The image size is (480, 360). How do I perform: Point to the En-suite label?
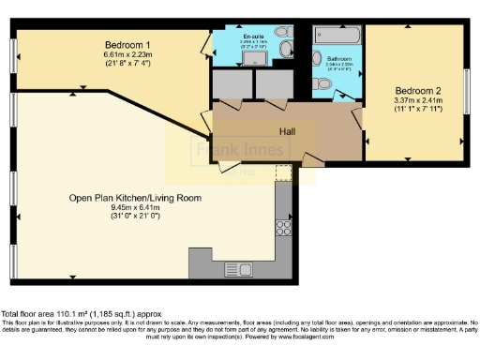pyautogui.click(x=253, y=36)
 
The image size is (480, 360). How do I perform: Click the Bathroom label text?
pyautogui.click(x=338, y=58)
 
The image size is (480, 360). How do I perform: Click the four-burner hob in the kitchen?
pyautogui.click(x=283, y=226)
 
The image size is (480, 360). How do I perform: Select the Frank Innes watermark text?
pyautogui.click(x=228, y=150)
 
